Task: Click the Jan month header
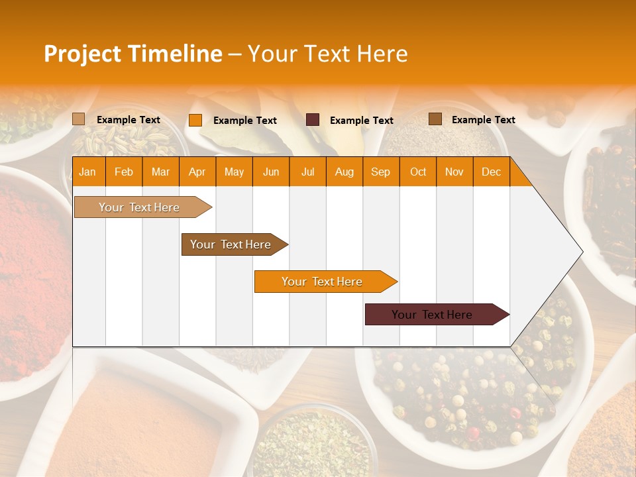[x=87, y=172]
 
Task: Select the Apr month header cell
[x=197, y=172]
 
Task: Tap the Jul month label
[x=307, y=172]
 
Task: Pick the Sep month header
[x=380, y=172]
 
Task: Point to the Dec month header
[x=491, y=172]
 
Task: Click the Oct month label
[x=418, y=172]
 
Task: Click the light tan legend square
[x=79, y=119]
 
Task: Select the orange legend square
[x=195, y=120]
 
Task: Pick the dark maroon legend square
[x=313, y=120]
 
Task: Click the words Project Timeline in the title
[x=133, y=54]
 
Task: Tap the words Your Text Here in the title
[x=328, y=54]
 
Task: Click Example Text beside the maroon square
[x=361, y=120]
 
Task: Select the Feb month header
[x=124, y=172]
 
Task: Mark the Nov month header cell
[x=454, y=172]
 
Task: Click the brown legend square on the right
[x=435, y=119]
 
